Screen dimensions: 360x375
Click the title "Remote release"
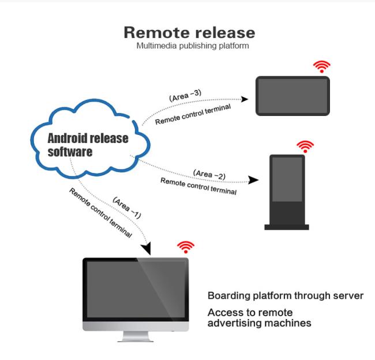189,32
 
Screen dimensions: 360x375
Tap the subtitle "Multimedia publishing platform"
192,46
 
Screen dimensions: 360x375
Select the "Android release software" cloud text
88,145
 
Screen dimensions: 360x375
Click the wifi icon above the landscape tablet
322,66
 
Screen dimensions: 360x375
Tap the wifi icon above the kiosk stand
305,145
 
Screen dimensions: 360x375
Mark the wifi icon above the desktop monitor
185,247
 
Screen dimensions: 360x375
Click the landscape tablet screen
292,96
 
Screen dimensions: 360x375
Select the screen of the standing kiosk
287,179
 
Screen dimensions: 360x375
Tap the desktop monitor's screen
136,288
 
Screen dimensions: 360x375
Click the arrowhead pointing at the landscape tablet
245,99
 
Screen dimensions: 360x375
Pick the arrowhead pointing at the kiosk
254,180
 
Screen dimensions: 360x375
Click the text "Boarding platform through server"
285,296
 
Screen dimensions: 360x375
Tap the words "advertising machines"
259,323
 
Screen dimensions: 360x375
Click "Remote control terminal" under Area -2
198,186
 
